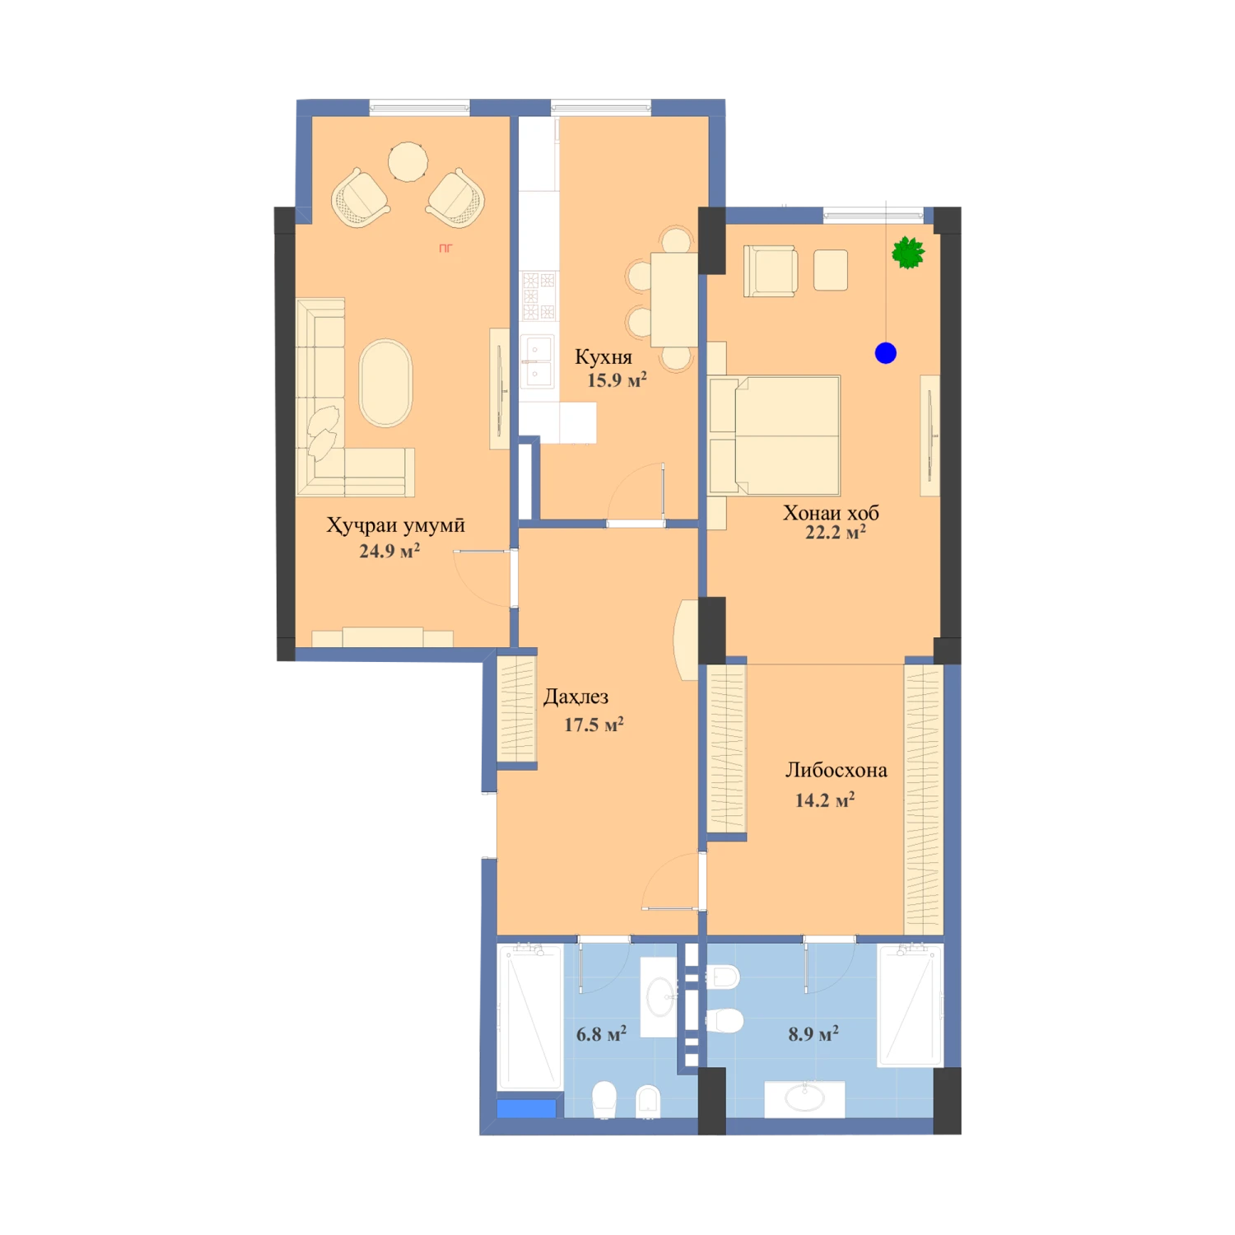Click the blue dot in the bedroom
(886, 353)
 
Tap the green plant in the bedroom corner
(908, 253)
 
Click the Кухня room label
(604, 357)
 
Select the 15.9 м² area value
(617, 380)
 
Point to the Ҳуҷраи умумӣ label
(396, 525)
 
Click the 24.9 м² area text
(389, 551)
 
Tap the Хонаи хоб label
(831, 513)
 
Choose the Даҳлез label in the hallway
(576, 697)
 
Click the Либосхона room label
(836, 771)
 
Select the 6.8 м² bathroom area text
(601, 1034)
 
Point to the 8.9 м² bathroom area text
(813, 1034)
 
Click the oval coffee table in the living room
(385, 384)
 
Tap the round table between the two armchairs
(408, 161)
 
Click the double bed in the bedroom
(774, 436)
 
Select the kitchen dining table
(674, 300)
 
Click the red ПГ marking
(445, 248)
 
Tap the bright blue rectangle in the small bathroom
(526, 1109)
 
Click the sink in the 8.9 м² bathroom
(804, 1098)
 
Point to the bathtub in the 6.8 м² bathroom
(529, 1018)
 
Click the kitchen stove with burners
(539, 296)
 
